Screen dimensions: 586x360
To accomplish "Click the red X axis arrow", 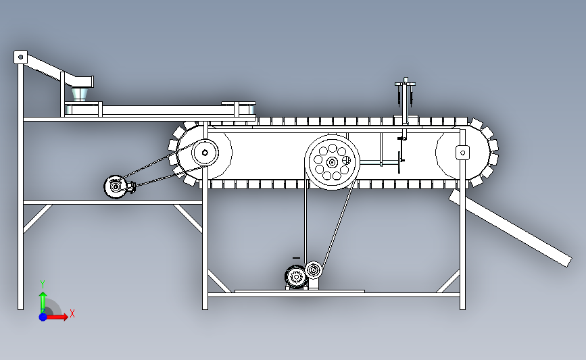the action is tap(57, 317).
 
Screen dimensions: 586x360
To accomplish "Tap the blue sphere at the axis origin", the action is tap(43, 317).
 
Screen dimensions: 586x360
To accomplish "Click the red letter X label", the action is tap(72, 313).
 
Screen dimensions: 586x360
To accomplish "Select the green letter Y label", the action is tap(43, 285).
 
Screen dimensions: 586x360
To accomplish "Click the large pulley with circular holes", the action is tap(332, 162).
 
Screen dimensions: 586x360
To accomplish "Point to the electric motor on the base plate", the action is tap(296, 277).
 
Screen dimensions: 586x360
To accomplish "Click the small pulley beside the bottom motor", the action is tap(314, 270).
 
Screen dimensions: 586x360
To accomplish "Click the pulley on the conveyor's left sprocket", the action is tap(205, 153).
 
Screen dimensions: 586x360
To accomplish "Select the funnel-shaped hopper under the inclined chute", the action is tap(80, 94).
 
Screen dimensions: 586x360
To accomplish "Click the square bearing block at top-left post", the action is tap(20, 57).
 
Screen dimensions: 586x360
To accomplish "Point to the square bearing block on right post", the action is tap(463, 153).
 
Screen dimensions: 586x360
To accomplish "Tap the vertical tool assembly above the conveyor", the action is tap(405, 108).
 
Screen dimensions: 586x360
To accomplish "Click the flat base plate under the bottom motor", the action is tap(299, 291).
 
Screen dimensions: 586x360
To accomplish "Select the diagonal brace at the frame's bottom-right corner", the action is tap(447, 282).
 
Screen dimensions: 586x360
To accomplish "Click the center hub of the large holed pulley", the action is tap(332, 163).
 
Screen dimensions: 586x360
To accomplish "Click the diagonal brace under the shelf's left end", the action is tap(37, 219).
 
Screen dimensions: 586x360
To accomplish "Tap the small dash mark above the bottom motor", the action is tap(296, 258).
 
